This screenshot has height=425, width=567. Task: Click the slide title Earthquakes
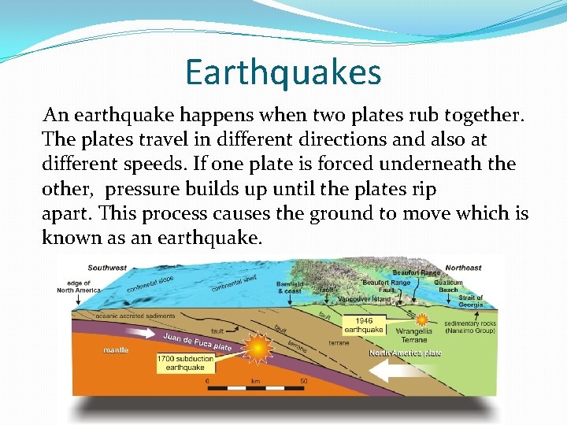pyautogui.click(x=283, y=72)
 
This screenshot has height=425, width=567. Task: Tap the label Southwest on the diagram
pyautogui.click(x=107, y=268)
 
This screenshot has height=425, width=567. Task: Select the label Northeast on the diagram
pyautogui.click(x=463, y=268)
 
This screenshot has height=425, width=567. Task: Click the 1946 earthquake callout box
pyautogui.click(x=364, y=325)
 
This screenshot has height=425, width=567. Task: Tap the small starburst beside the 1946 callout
pyautogui.click(x=421, y=321)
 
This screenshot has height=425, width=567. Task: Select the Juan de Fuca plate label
pyautogui.click(x=197, y=342)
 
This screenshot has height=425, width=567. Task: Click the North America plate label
pyautogui.click(x=406, y=353)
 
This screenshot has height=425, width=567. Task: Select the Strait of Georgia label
pyautogui.click(x=471, y=302)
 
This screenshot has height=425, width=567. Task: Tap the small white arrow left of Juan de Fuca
pyautogui.click(x=142, y=333)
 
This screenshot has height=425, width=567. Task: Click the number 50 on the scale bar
pyautogui.click(x=302, y=381)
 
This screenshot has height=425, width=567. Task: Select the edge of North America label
pyautogui.click(x=79, y=286)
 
